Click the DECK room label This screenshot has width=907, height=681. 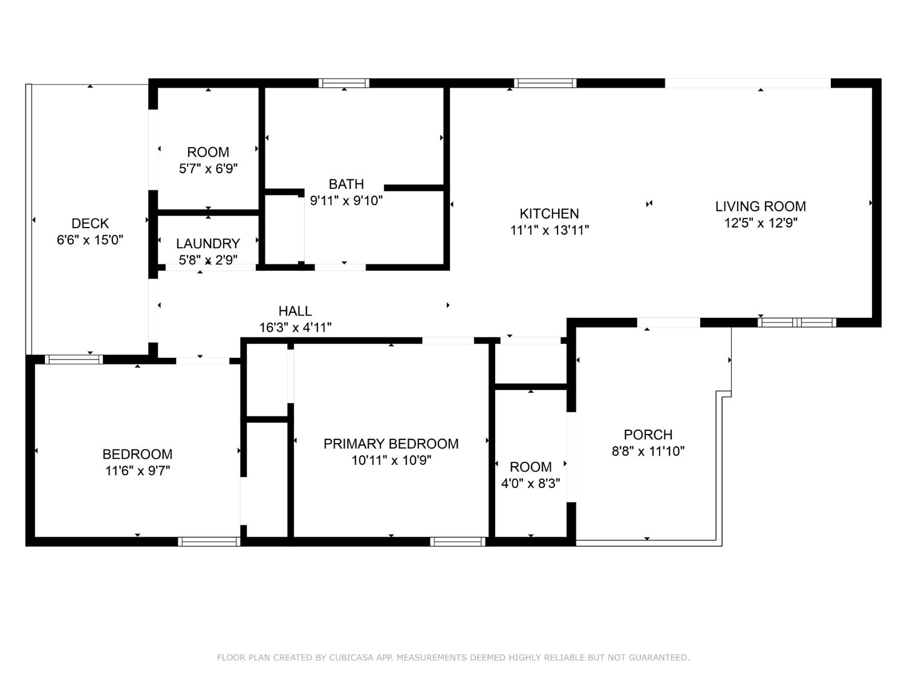(x=90, y=224)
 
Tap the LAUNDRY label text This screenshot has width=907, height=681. (x=208, y=243)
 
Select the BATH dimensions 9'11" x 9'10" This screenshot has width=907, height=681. (x=346, y=200)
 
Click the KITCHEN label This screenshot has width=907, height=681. (x=549, y=214)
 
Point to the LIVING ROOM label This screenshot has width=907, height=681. (x=761, y=206)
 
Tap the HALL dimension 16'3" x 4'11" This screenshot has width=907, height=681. (x=295, y=327)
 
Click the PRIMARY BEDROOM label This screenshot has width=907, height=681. (x=391, y=444)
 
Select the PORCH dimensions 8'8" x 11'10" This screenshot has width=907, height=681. (x=648, y=451)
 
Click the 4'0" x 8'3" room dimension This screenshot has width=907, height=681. (x=530, y=483)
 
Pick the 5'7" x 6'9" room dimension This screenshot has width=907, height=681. (x=208, y=169)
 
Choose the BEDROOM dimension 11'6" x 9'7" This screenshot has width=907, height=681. (x=138, y=470)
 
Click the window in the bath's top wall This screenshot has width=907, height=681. (x=344, y=83)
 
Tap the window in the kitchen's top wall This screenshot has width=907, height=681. (x=545, y=83)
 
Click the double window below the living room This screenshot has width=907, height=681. (x=797, y=323)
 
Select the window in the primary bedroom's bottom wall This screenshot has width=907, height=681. (x=457, y=542)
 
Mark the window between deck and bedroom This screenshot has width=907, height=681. (x=74, y=360)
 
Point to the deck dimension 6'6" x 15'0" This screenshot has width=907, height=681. (x=90, y=240)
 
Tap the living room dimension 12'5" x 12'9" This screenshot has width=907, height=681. (x=761, y=223)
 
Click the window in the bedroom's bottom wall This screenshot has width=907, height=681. (x=209, y=542)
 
